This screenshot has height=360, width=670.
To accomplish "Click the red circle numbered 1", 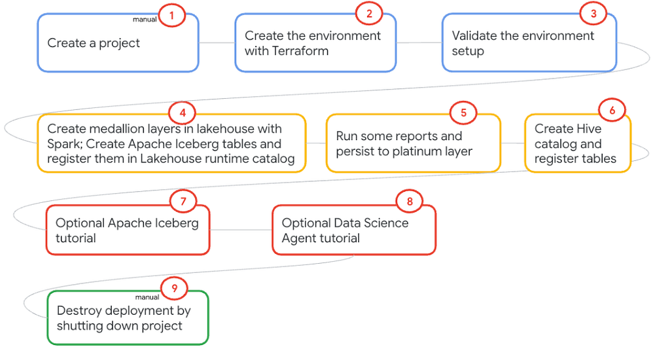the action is point(172,16).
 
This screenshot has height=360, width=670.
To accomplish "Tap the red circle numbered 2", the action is point(369,14).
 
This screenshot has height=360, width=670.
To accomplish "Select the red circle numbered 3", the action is point(593,14).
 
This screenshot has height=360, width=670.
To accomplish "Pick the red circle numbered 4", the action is point(183,113).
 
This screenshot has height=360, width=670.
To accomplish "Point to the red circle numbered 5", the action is point(463,113).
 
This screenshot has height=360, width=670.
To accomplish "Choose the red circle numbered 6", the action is point(612,111).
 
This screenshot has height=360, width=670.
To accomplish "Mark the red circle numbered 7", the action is point(183,202).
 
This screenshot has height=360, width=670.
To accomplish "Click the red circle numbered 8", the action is point(410,202).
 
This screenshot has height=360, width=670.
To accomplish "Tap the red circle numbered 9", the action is point(174,288).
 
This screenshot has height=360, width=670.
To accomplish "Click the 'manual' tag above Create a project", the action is point(145,20).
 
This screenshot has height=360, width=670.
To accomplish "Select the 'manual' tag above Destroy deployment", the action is point(147,297).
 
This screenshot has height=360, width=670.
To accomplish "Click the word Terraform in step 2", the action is point(300,51).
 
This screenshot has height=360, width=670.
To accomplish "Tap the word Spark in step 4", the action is point(65,145).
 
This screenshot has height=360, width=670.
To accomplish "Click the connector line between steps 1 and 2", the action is point(217,43).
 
